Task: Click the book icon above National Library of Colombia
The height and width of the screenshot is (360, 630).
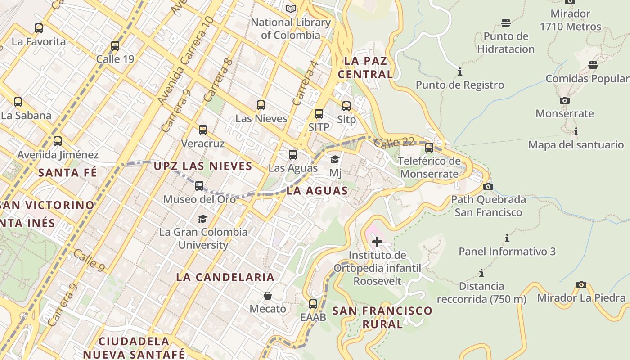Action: click(x=291, y=9)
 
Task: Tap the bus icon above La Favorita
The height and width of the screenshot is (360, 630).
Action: click(x=39, y=28)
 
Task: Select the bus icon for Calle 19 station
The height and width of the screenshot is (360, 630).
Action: click(x=115, y=45)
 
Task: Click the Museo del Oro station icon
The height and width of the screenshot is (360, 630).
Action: click(x=199, y=185)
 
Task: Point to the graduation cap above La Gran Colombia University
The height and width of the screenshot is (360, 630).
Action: click(x=202, y=219)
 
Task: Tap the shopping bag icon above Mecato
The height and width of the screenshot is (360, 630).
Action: click(x=268, y=296)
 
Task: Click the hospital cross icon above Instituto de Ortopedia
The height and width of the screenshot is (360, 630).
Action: click(x=377, y=242)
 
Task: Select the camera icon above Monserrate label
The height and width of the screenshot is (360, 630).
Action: click(x=564, y=100)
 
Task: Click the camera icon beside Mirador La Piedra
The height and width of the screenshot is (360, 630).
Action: click(x=581, y=284)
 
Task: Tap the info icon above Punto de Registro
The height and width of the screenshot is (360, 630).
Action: click(x=459, y=72)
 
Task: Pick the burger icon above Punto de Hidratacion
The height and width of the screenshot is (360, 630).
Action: click(x=506, y=23)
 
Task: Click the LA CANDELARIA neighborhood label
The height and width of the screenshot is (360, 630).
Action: click(x=225, y=277)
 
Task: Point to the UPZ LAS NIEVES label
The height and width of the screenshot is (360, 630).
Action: click(x=203, y=166)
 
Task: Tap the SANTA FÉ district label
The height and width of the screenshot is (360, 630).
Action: click(x=67, y=172)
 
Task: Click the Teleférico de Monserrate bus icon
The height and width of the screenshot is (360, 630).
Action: click(x=429, y=147)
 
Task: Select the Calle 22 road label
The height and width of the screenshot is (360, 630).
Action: click(x=394, y=142)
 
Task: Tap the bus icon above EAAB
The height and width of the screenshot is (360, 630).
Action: click(x=313, y=304)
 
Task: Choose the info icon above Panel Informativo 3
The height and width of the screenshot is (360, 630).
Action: click(x=507, y=238)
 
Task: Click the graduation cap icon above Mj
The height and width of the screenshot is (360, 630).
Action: click(x=335, y=159)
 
